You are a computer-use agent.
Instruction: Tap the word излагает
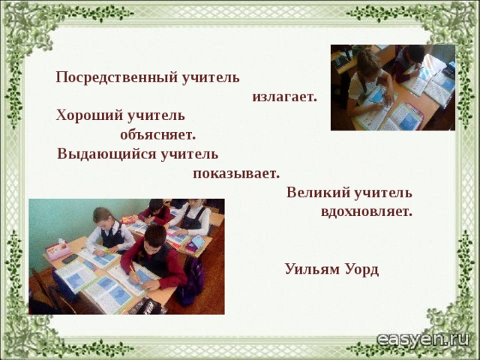[285, 97]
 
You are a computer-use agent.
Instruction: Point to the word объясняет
[157, 136]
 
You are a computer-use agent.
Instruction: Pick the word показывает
[235, 174]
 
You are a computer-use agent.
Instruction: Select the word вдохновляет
[366, 211]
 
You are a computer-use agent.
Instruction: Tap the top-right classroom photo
[392, 88]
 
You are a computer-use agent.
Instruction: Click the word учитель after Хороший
[155, 116]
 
